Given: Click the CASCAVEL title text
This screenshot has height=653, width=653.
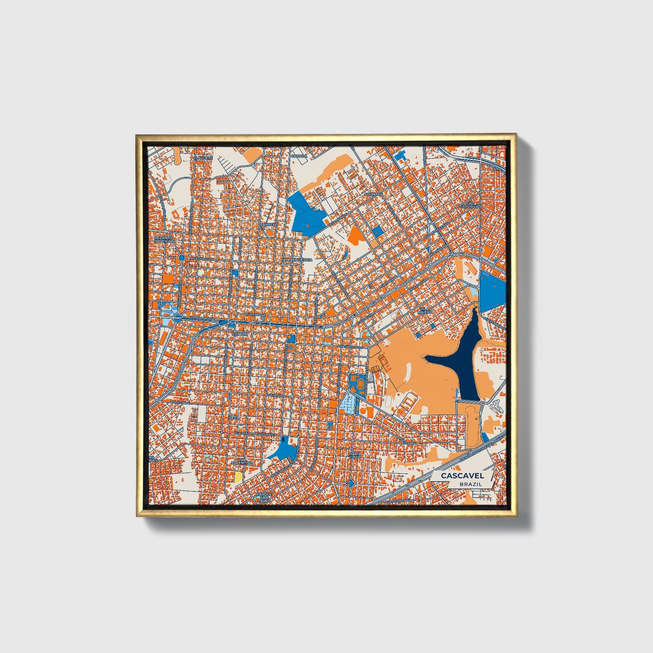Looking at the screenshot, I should click(462, 475).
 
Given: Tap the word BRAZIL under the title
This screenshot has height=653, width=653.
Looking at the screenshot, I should click(470, 484).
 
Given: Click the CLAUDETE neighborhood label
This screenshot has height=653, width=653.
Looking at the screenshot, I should click(203, 158).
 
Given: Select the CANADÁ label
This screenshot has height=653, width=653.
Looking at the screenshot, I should click(298, 156).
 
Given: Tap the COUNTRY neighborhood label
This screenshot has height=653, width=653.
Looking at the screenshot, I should click(373, 194).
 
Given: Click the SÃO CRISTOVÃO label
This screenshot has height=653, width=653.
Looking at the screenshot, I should click(469, 205).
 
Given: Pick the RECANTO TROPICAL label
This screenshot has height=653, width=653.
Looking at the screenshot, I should click(164, 239).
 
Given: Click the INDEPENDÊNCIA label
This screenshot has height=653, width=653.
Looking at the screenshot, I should click(297, 260).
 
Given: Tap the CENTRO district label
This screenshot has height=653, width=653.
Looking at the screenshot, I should click(240, 334).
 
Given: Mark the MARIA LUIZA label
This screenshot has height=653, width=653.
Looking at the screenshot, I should click(355, 455).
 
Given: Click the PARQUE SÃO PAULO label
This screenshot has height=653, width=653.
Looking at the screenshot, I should click(264, 498).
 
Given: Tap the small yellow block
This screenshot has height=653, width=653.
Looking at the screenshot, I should click(238, 477).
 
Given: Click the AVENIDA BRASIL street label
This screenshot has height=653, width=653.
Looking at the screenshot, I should click(202, 318).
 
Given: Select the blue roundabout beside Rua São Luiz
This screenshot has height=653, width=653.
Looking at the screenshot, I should click(181, 258).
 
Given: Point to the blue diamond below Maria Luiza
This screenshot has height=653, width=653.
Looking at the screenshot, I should click(350, 484).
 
